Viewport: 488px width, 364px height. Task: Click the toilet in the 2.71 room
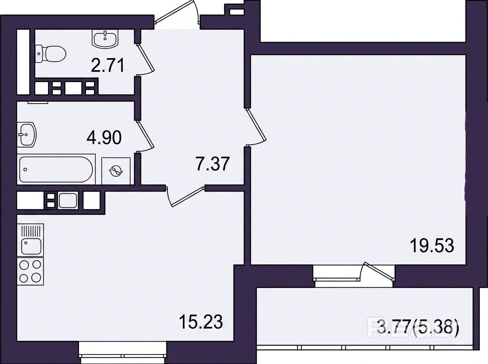(51, 54)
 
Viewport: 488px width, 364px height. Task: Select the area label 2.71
(107, 65)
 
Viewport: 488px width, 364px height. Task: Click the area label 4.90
(104, 137)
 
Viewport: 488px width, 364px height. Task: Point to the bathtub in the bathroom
(56, 169)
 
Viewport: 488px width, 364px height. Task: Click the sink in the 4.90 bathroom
(27, 134)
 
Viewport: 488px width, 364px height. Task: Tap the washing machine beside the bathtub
(116, 171)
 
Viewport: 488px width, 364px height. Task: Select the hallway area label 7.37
(212, 164)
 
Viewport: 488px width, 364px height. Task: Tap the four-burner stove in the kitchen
(30, 271)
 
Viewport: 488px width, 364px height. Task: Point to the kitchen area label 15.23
(200, 322)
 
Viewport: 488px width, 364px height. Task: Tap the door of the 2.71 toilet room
(146, 59)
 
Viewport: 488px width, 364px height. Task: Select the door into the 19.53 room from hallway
(256, 127)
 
